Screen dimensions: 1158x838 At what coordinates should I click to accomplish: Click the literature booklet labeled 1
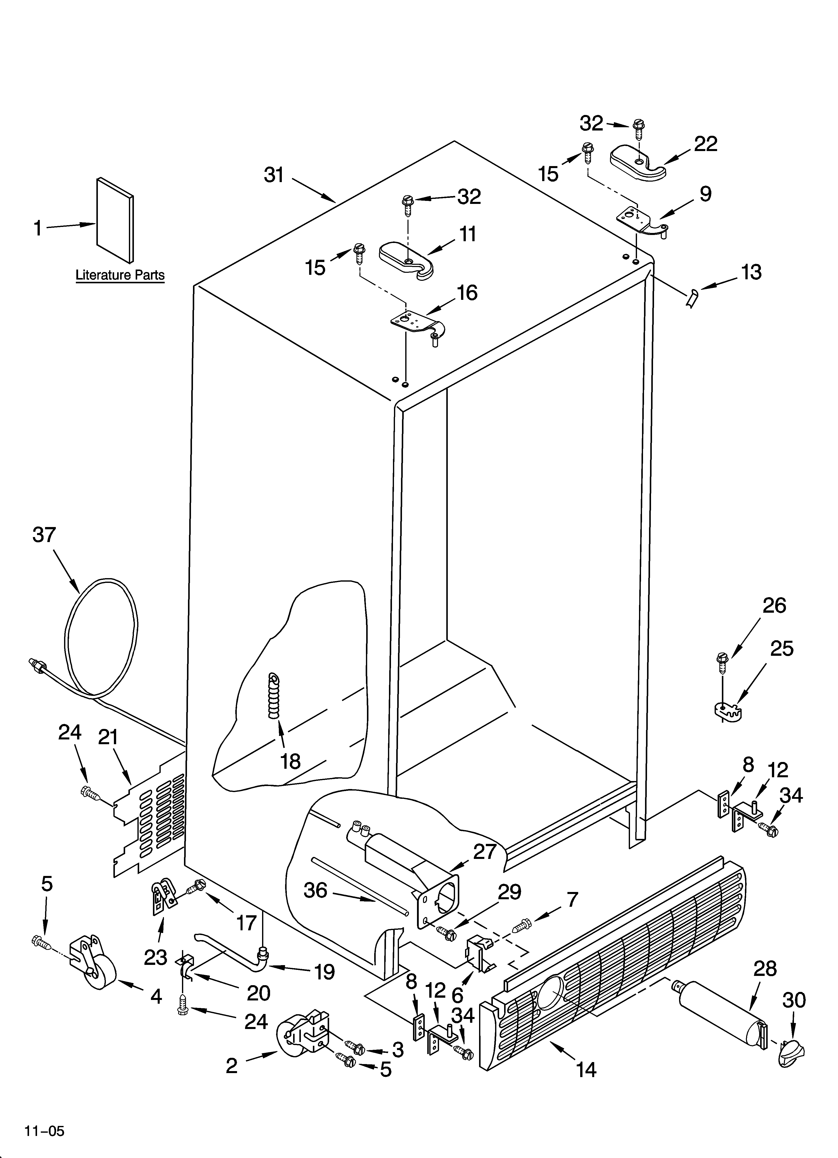(115, 219)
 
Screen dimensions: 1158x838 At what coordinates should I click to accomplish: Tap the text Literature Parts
(120, 275)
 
